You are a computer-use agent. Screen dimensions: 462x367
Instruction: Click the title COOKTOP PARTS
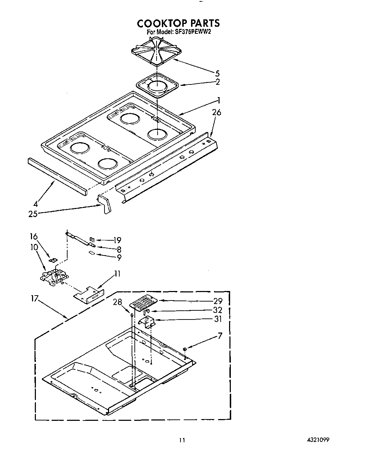click(x=178, y=23)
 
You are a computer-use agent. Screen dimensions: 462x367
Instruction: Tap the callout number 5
click(x=217, y=74)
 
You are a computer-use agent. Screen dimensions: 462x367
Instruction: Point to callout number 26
click(x=216, y=113)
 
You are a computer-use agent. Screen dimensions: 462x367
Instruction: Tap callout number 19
click(x=117, y=240)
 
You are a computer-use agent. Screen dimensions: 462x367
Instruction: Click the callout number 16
click(x=34, y=236)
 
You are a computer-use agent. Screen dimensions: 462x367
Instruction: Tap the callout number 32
click(x=218, y=310)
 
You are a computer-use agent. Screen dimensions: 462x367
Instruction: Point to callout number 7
click(x=220, y=336)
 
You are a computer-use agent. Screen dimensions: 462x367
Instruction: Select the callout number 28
click(x=117, y=302)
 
